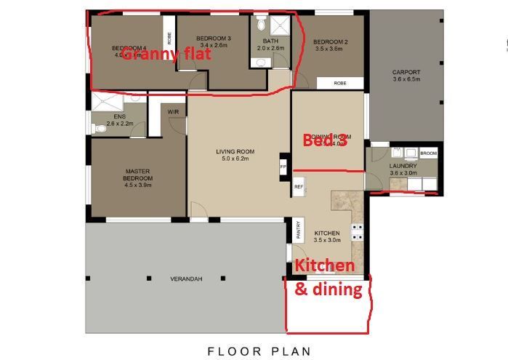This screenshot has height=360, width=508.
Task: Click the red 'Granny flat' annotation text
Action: [166, 53]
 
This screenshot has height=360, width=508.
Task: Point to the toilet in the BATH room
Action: [261, 23]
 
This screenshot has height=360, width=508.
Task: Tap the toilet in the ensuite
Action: [98, 129]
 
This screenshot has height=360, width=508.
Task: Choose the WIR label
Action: [173, 111]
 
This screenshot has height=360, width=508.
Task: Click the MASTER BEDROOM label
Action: [137, 175]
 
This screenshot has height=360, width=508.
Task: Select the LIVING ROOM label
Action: [233, 155]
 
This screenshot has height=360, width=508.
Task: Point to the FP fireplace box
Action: [283, 166]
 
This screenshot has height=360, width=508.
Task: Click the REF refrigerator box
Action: [298, 187]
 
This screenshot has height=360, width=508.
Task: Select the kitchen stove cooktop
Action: [357, 232]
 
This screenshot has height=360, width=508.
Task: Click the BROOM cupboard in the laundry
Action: [429, 153]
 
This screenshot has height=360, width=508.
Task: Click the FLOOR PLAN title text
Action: [259, 351]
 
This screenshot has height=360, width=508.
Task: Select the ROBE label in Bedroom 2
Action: [339, 84]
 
